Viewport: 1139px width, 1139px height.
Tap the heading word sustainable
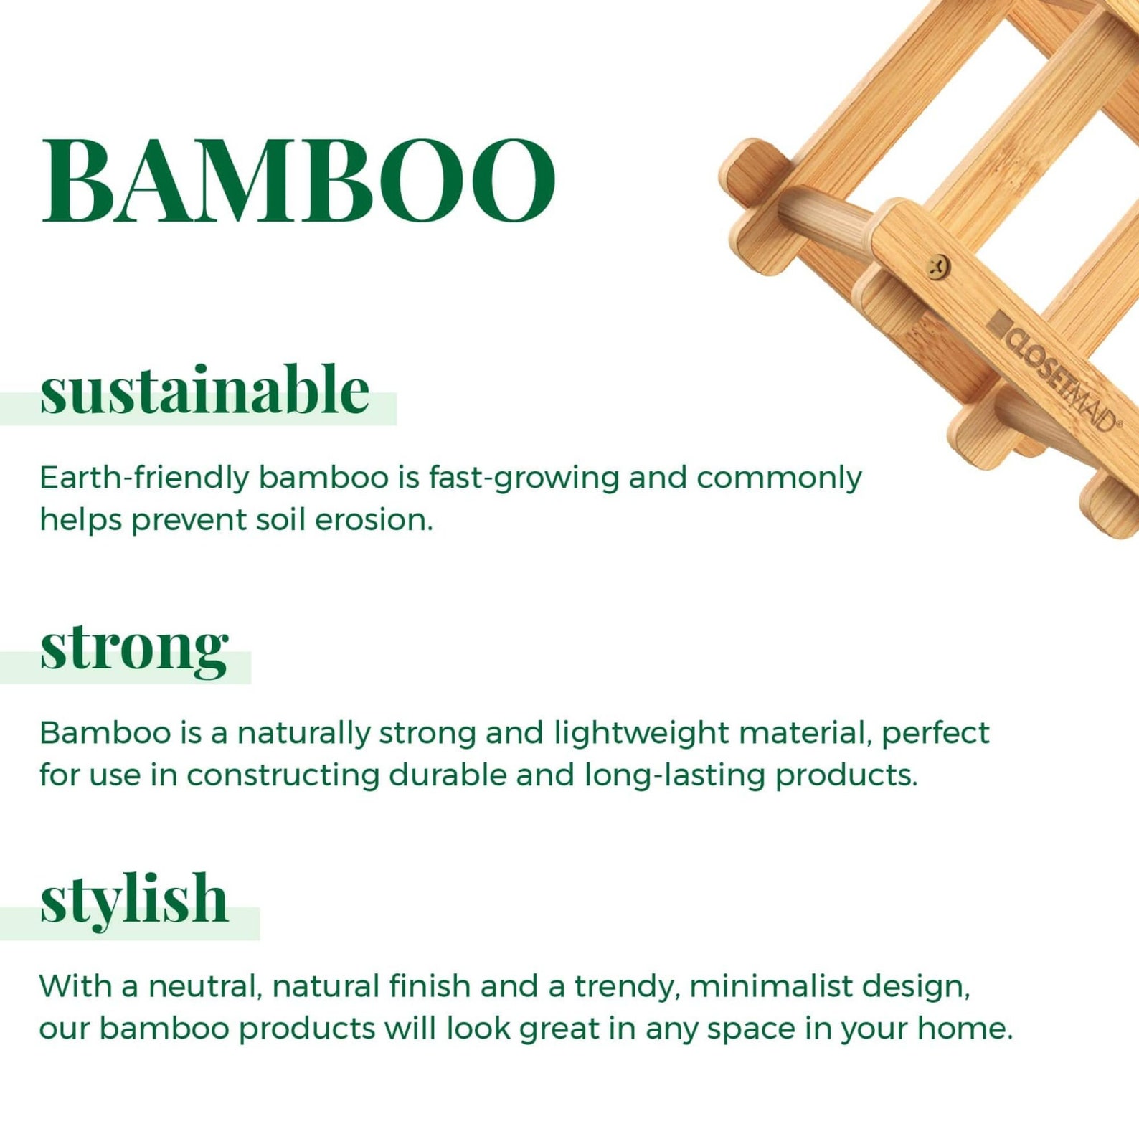point(204,391)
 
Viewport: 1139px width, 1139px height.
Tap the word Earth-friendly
point(143,478)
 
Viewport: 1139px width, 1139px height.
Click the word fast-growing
point(524,478)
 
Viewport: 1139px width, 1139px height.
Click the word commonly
point(778,478)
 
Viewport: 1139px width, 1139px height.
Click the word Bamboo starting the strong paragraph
point(105,734)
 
